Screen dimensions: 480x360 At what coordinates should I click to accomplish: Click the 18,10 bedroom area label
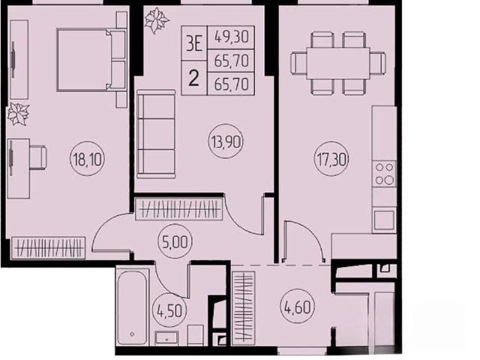88,158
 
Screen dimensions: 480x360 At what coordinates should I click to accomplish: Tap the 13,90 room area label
226,142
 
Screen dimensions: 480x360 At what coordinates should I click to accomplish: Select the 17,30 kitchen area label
331,158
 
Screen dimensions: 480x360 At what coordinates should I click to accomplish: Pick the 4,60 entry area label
297,307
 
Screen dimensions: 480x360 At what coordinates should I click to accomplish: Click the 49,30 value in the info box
231,37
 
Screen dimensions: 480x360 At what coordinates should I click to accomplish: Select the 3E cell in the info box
194,44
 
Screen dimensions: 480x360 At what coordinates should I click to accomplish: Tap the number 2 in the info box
193,78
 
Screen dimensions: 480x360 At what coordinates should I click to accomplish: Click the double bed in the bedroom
91,60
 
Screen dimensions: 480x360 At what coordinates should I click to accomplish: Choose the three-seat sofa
156,133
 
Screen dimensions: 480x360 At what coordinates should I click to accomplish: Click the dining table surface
338,63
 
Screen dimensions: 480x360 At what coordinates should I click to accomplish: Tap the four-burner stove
384,173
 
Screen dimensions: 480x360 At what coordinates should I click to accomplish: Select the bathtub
132,307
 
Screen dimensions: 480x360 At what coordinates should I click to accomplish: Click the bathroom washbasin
166,337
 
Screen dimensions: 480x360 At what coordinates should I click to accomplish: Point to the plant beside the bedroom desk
18,114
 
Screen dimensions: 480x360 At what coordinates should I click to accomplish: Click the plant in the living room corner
156,20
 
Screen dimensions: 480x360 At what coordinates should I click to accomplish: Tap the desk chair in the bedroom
38,157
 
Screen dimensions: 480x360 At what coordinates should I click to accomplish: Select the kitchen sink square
384,220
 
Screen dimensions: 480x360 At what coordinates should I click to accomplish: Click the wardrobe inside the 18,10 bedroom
48,247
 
